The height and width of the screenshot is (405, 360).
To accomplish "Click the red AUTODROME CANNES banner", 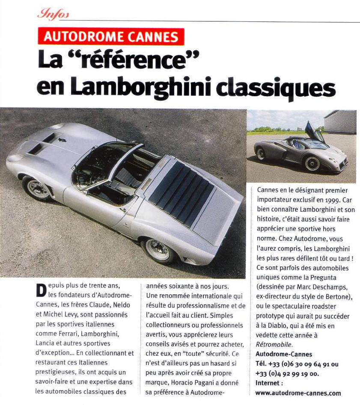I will (111, 37).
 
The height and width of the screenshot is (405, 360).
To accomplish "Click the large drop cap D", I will (41, 291).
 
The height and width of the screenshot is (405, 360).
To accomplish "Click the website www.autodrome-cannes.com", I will (298, 392).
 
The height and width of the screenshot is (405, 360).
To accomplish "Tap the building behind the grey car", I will (340, 121).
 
